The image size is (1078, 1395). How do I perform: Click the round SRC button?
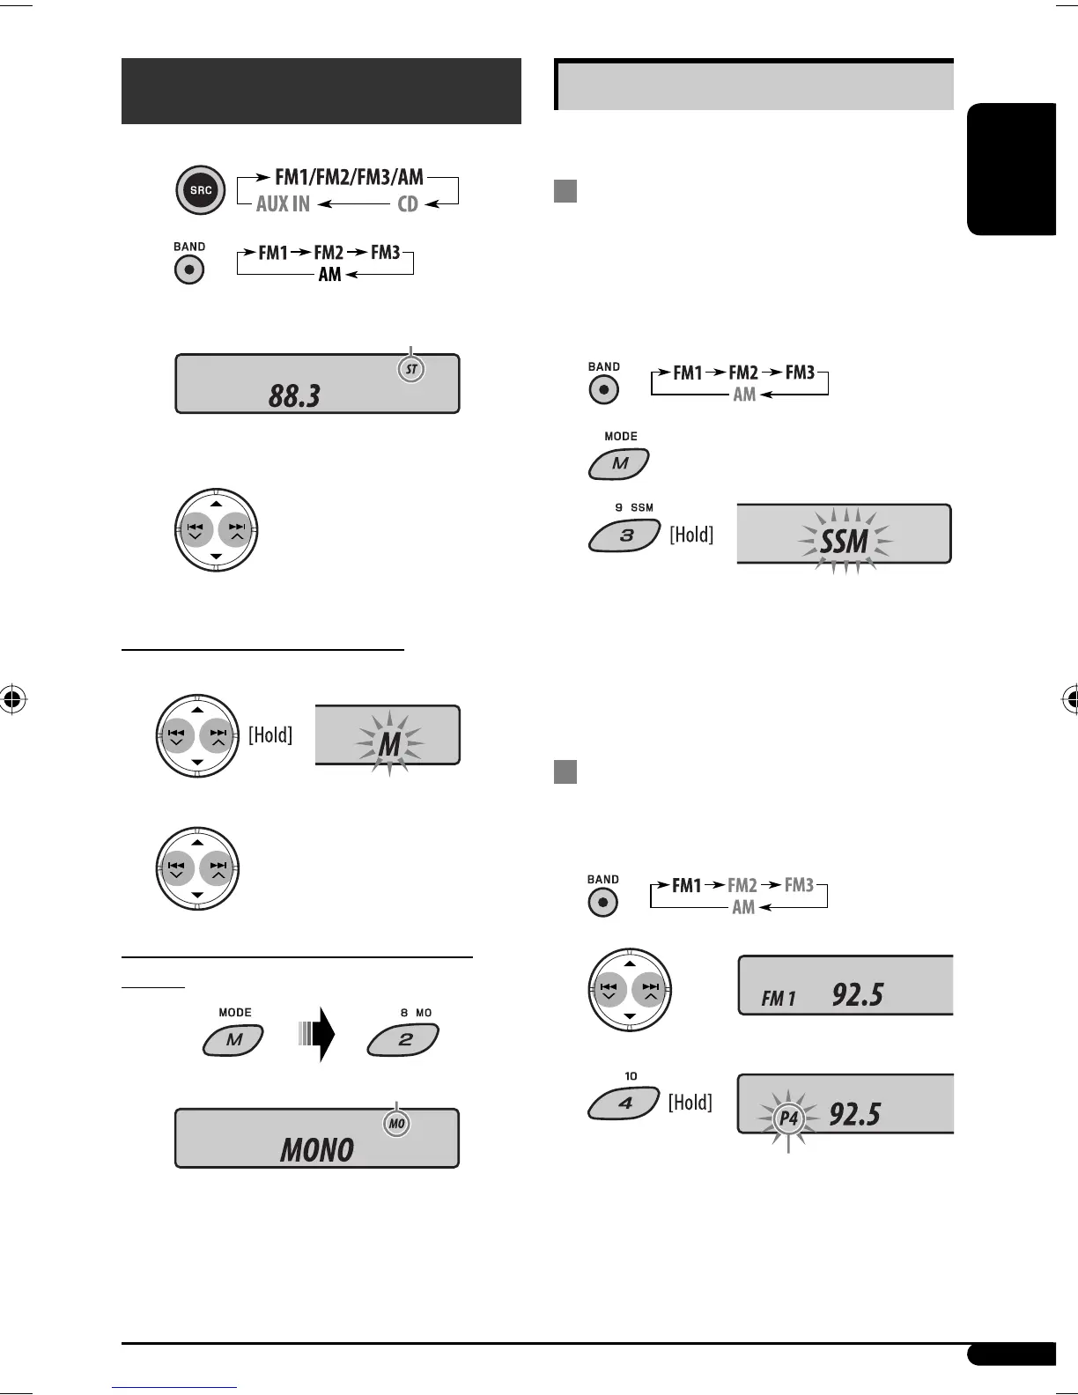tap(201, 190)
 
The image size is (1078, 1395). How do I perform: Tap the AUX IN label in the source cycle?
tap(283, 204)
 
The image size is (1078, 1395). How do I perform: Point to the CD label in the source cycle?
tap(408, 204)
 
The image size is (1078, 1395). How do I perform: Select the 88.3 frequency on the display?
tap(295, 395)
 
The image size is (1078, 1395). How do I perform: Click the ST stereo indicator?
tap(411, 370)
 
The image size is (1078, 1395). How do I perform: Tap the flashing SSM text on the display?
tap(845, 541)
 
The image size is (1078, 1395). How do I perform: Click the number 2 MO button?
tap(403, 1040)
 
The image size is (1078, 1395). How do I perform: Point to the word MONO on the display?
tap(317, 1149)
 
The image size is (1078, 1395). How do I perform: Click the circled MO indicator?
tap(397, 1124)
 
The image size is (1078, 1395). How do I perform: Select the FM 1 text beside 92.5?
tap(779, 999)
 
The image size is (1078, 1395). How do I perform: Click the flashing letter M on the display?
tap(389, 745)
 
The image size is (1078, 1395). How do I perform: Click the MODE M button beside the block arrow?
tap(233, 1040)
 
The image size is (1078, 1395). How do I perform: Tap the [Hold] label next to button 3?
tap(691, 535)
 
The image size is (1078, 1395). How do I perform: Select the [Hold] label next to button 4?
tap(690, 1103)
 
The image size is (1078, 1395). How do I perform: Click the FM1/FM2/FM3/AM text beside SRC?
tap(349, 177)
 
